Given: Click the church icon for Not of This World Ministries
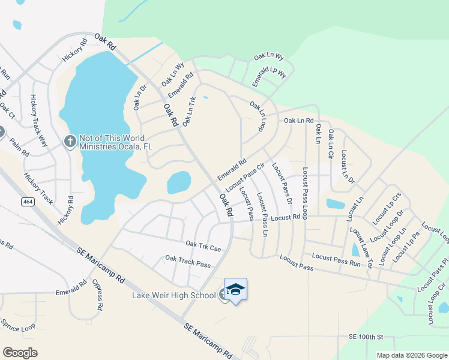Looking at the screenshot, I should (70, 141).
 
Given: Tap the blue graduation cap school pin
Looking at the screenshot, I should (235, 289).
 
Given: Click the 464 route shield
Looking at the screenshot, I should (26, 202).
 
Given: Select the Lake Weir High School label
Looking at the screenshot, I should (174, 295).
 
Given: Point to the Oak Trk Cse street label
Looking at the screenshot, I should (203, 245).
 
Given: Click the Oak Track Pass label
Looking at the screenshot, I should (188, 261).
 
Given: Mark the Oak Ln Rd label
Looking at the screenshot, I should (298, 121).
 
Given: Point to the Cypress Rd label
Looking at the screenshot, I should (97, 294).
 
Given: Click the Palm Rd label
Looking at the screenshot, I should (19, 148).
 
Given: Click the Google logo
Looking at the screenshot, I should (20, 353).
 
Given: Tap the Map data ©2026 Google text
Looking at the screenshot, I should (412, 355).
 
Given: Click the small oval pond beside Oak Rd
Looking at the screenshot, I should (179, 182).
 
